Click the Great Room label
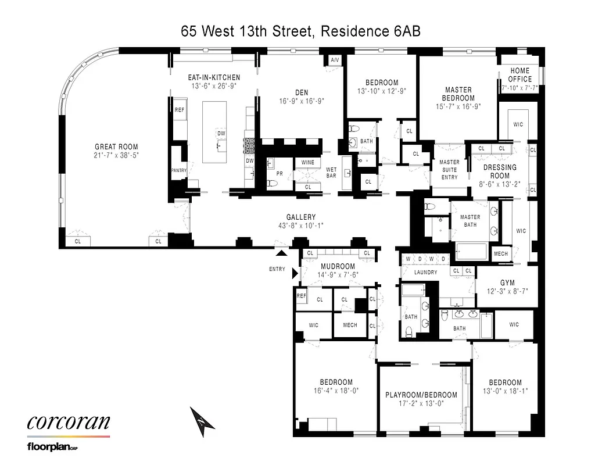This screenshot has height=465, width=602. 117,147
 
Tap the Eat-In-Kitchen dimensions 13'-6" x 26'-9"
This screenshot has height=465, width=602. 213,86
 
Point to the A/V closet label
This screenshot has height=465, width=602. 335,60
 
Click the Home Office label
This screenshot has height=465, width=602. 519,75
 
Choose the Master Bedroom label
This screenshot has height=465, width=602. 458,94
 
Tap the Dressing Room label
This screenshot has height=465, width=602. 500,171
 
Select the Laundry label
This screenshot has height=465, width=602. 425,272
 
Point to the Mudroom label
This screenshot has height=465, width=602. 338,267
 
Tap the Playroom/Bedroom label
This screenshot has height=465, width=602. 421,395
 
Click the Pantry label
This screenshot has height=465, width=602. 178,170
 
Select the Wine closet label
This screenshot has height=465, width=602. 307,163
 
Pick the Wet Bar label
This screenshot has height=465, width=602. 331,173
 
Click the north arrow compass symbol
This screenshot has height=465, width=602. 200,421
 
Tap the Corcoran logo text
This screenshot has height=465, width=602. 68,422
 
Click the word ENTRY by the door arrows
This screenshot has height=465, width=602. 277,269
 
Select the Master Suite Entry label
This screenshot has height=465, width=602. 449,170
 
